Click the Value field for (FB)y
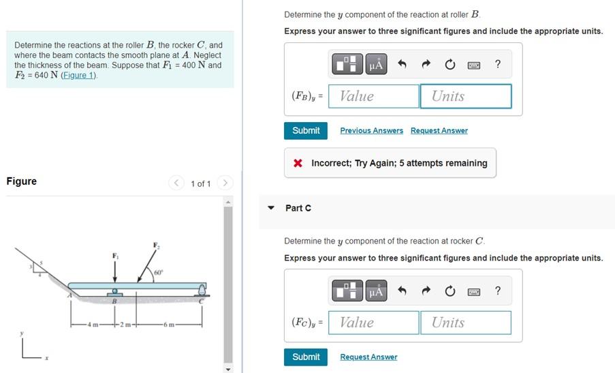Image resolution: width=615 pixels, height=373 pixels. [373, 96]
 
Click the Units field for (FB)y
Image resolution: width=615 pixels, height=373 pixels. [465, 96]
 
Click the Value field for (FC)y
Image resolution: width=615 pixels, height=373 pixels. [373, 323]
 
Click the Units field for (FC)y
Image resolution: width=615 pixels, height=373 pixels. [465, 323]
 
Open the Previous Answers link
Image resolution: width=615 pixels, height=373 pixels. [371, 131]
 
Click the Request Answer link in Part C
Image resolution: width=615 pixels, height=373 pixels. [368, 357]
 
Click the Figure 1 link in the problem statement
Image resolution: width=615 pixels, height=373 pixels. [78, 76]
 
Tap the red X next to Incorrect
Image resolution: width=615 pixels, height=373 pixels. [298, 164]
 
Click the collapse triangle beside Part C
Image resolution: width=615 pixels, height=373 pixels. [271, 208]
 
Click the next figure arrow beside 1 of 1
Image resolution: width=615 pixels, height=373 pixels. [226, 183]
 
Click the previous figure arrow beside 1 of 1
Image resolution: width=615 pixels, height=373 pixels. [177, 183]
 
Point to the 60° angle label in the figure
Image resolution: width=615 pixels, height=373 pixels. [158, 273]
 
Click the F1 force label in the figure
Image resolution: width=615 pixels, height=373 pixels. [114, 256]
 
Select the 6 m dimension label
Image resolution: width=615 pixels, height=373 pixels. [168, 323]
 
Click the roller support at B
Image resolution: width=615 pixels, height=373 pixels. [115, 293]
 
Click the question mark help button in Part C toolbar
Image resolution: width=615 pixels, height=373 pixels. [498, 291]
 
